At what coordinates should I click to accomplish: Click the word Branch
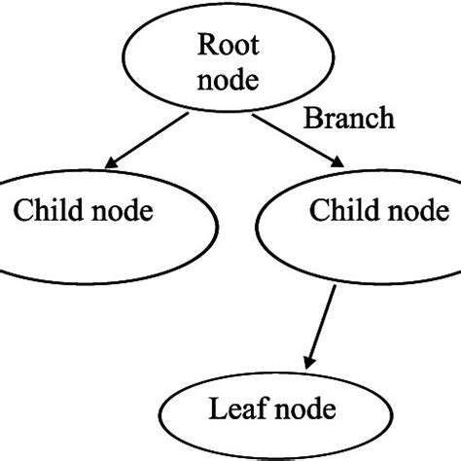point(350,120)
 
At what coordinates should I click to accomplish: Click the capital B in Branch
point(313,120)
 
